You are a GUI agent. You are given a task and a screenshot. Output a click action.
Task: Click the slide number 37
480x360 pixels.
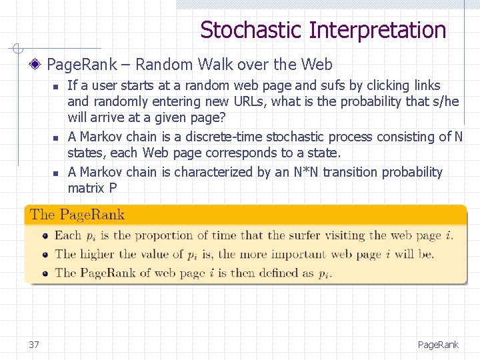tap(34, 345)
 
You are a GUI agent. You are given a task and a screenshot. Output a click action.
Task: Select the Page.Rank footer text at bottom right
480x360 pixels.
tap(438, 345)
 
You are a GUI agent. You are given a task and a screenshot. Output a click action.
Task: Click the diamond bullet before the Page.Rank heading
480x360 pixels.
tap(38, 65)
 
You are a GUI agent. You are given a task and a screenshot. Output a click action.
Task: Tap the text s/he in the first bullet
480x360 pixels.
tap(445, 101)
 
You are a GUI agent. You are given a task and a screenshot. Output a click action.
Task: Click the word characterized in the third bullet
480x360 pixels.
tap(209, 172)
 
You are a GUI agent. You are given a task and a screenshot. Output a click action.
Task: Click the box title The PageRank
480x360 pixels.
tap(77, 215)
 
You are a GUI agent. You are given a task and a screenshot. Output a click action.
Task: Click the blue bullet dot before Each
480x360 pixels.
tap(45, 236)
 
